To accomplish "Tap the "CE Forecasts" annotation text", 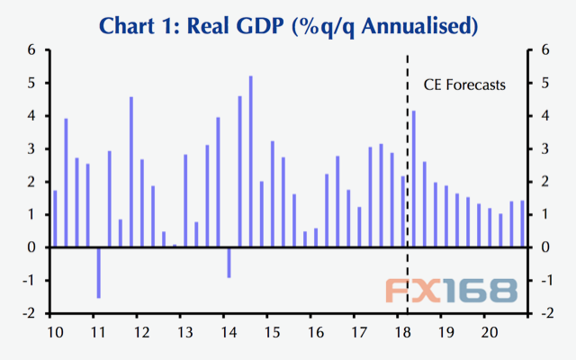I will [x=464, y=85].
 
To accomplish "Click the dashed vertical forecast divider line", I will [x=408, y=180].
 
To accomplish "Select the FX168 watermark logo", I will [x=452, y=290].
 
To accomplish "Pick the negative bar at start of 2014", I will [x=229, y=262].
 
